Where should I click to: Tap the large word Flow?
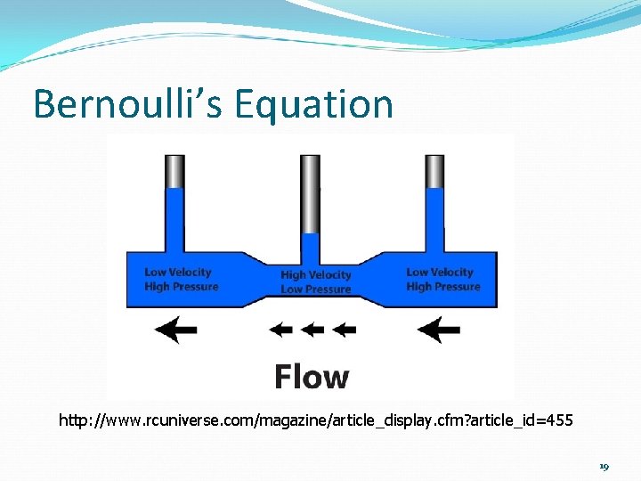click(x=311, y=376)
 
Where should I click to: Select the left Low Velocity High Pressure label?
click(x=181, y=280)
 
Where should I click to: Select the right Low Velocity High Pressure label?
click(x=442, y=280)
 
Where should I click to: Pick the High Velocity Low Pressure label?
click(x=315, y=282)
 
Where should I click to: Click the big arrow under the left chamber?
click(x=176, y=330)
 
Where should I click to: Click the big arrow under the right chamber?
click(x=438, y=330)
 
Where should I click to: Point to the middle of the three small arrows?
click(x=312, y=330)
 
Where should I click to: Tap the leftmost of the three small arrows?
click(x=282, y=330)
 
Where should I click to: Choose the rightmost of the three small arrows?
click(x=343, y=330)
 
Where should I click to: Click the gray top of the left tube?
click(x=174, y=170)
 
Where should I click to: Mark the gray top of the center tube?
click(x=310, y=192)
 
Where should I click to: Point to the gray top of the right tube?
click(x=434, y=170)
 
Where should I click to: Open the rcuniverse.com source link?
click(x=316, y=420)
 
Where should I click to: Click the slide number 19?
click(x=604, y=467)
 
